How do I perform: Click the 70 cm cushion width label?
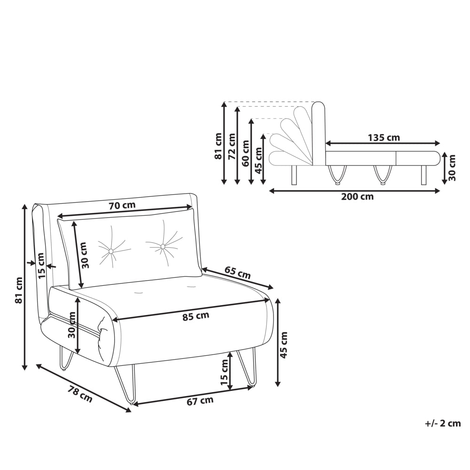click(122, 206)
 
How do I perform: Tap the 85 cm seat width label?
click(196, 316)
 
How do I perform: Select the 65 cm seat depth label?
click(237, 273)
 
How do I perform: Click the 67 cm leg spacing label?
click(200, 400)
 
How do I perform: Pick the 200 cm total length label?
click(357, 196)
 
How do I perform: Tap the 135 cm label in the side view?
click(384, 138)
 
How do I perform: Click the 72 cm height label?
click(232, 146)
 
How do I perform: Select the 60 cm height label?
click(245, 153)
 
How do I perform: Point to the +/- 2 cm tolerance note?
click(443, 423)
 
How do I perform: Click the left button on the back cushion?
click(110, 251)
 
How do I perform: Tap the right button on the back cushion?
click(163, 246)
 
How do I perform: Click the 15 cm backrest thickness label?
click(41, 266)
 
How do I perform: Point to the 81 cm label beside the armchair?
click(19, 290)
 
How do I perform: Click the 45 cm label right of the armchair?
click(283, 345)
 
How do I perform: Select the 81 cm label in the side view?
click(218, 146)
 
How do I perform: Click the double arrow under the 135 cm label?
click(383, 143)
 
